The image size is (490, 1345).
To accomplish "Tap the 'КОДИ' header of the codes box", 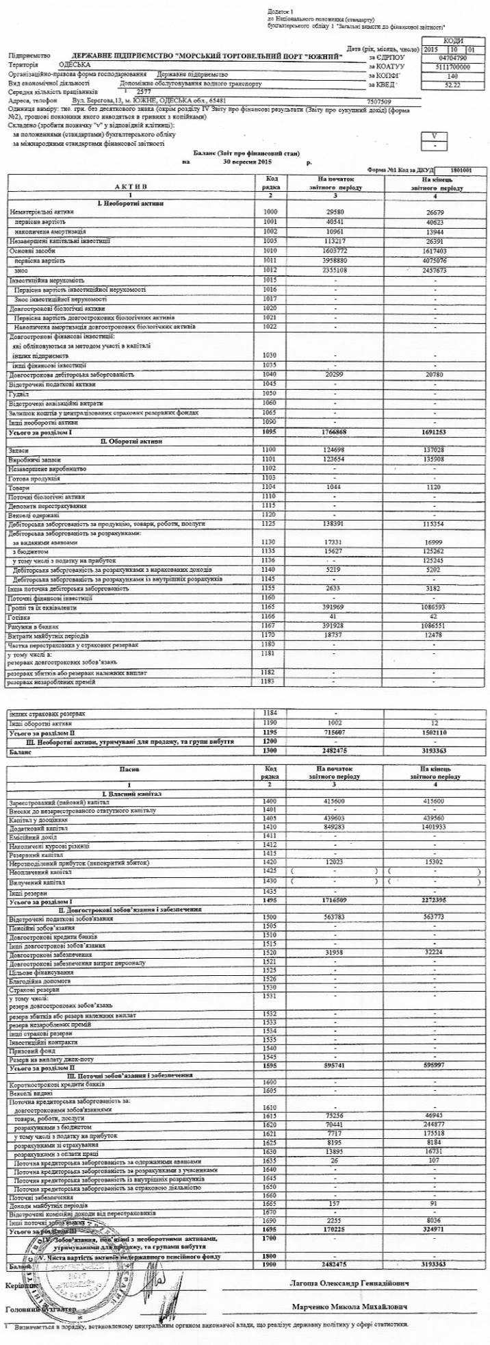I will tap(452, 41).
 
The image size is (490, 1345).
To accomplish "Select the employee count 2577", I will tap(143, 91).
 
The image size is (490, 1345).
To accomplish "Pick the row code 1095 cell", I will tap(271, 433).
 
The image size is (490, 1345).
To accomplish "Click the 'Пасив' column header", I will tap(130, 770).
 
